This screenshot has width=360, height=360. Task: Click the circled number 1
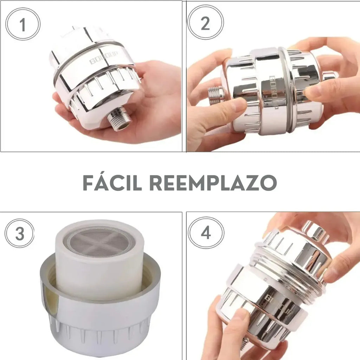23,24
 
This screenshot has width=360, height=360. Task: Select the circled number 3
20,233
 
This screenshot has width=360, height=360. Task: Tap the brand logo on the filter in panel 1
103,58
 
